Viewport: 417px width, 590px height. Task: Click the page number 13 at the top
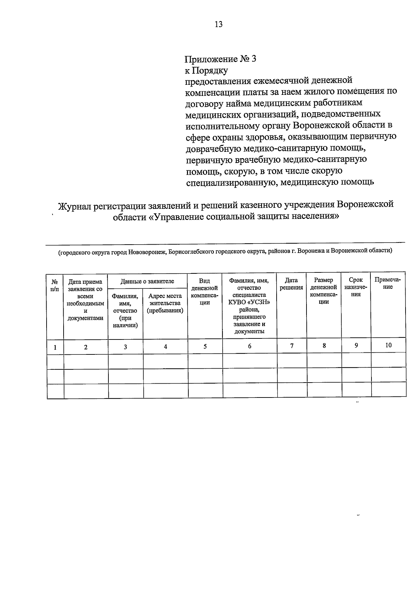pyautogui.click(x=219, y=24)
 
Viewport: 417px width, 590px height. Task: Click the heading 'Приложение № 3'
pyautogui.click(x=220, y=59)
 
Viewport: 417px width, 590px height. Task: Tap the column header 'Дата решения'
pyautogui.click(x=291, y=284)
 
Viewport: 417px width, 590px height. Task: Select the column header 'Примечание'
pyautogui.click(x=388, y=284)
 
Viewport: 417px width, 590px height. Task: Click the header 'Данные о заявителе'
pyautogui.click(x=147, y=281)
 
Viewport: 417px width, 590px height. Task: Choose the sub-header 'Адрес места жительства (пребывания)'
pyautogui.click(x=165, y=303)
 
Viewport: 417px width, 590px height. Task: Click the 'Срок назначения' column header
pyautogui.click(x=356, y=287)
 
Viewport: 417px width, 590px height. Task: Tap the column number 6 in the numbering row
pyautogui.click(x=250, y=346)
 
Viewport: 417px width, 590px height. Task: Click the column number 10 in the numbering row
pyautogui.click(x=388, y=345)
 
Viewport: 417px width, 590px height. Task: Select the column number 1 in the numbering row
pyautogui.click(x=55, y=347)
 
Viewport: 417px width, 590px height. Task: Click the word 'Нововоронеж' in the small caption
pyautogui.click(x=147, y=252)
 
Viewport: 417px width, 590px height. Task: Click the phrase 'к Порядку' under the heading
pyautogui.click(x=206, y=71)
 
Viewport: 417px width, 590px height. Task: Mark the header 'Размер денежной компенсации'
pyautogui.click(x=324, y=291)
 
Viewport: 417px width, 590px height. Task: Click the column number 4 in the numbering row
pyautogui.click(x=165, y=346)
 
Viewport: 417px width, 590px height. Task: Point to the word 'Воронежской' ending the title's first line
pyautogui.click(x=365, y=204)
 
